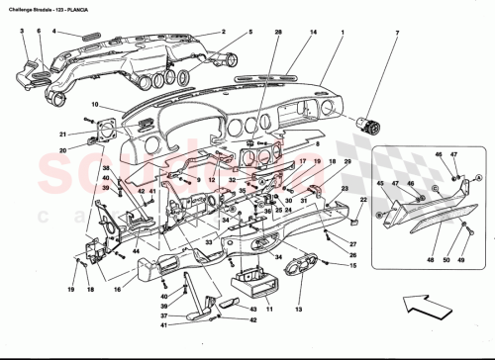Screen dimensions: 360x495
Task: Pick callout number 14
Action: coord(314,33)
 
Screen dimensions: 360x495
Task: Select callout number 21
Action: coord(61,135)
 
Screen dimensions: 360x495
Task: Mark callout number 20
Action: coord(61,150)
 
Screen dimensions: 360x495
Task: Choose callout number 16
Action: coord(117,290)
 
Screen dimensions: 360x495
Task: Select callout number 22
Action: coord(362,201)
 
